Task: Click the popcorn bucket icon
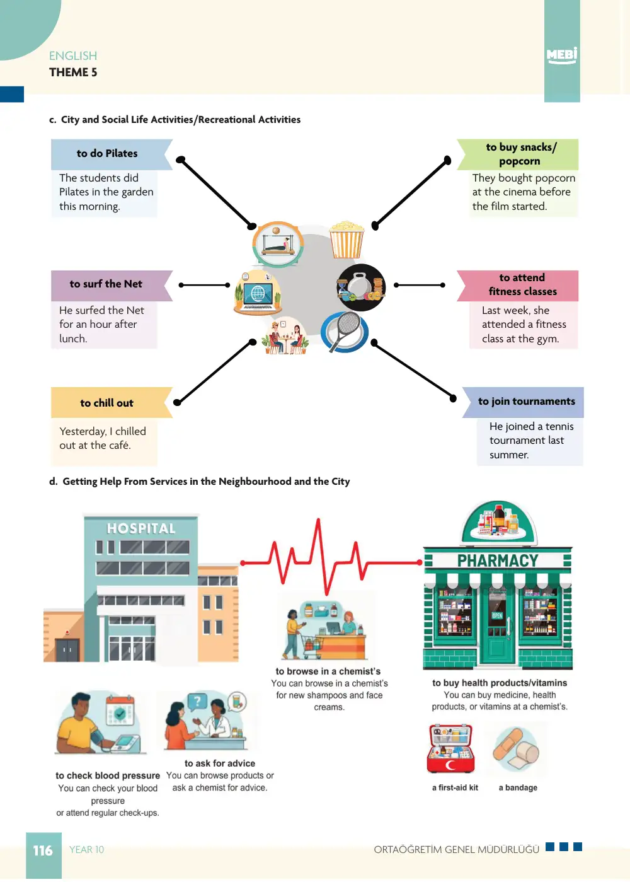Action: point(346,240)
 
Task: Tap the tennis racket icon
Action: point(345,332)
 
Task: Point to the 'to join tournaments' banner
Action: point(523,402)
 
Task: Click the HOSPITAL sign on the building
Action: point(141,528)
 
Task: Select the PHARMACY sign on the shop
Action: point(498,560)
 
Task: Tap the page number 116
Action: point(43,850)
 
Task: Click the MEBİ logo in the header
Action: point(561,55)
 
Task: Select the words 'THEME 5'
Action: point(73,73)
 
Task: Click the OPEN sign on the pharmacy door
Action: point(497,615)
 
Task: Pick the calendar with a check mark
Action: point(120,713)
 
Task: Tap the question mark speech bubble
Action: point(198,702)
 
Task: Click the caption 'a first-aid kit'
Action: point(455,787)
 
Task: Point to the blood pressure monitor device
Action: point(125,744)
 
